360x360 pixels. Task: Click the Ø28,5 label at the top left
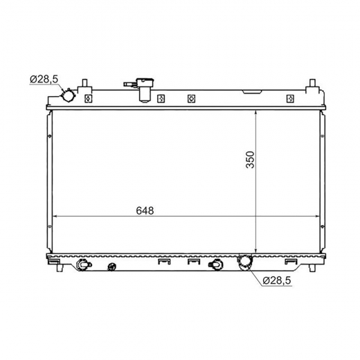point(44,79)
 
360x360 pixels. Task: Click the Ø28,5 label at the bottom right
point(277,280)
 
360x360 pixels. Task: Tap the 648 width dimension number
point(145,210)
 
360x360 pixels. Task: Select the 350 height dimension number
point(250,160)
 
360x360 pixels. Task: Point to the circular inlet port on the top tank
point(69,96)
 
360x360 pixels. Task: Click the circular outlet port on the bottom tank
point(245,261)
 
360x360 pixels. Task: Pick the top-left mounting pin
point(84,84)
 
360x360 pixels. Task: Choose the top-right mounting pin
point(313,84)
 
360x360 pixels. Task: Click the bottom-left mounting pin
point(60,268)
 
